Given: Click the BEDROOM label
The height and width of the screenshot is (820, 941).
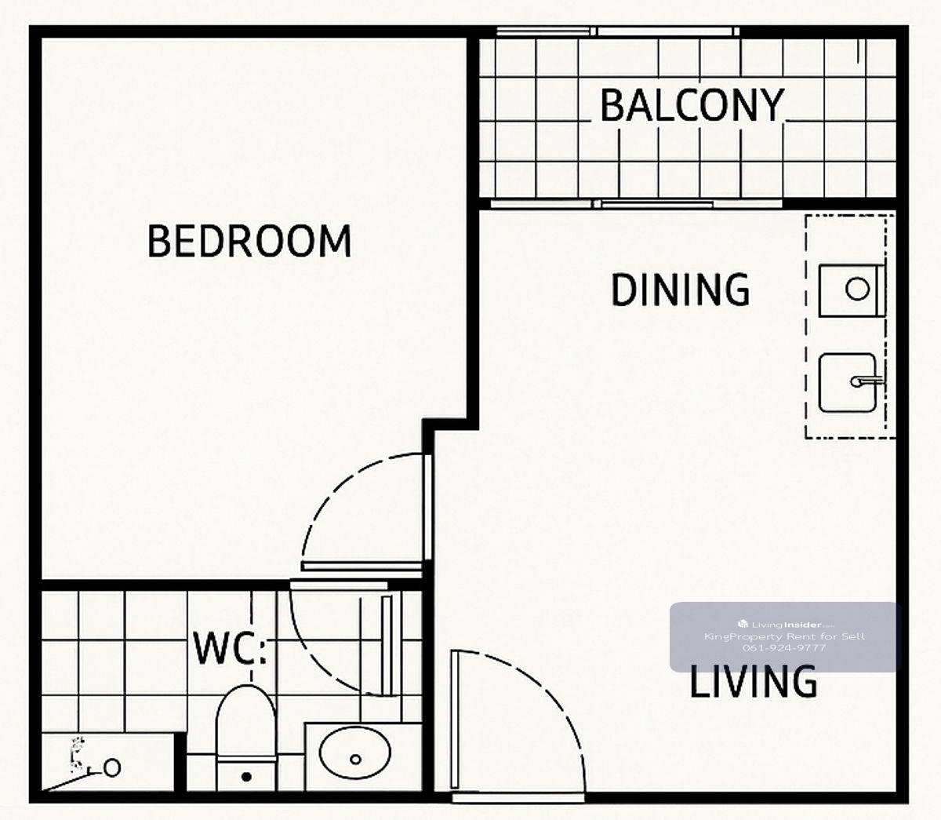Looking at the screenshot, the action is pyautogui.click(x=249, y=241).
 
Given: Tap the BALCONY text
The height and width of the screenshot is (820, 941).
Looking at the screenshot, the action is pyautogui.click(x=692, y=105).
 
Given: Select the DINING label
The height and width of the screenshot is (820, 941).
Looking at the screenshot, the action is pyautogui.click(x=681, y=290).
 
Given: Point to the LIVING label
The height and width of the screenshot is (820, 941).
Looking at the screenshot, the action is pyautogui.click(x=754, y=681).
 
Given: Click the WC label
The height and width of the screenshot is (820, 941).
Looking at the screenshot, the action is pyautogui.click(x=230, y=647).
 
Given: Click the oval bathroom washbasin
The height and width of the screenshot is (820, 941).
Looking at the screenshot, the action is pyautogui.click(x=354, y=753).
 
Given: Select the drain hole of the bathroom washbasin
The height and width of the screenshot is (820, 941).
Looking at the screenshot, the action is pyautogui.click(x=355, y=760).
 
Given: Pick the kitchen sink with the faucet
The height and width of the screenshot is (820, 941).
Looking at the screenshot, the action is pyautogui.click(x=848, y=383).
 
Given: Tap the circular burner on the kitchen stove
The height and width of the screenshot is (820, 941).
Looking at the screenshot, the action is pyautogui.click(x=857, y=290).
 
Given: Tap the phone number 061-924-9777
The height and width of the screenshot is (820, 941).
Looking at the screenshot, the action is pyautogui.click(x=784, y=648).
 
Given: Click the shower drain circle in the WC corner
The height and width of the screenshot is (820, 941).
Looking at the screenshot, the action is pyautogui.click(x=112, y=768).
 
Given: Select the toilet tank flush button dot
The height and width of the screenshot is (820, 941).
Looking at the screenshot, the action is pyautogui.click(x=246, y=777).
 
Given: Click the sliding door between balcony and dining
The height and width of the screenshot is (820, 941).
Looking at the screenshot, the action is pyautogui.click(x=636, y=204).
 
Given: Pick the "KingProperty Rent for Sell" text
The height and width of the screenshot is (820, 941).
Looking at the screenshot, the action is pyautogui.click(x=785, y=636).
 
